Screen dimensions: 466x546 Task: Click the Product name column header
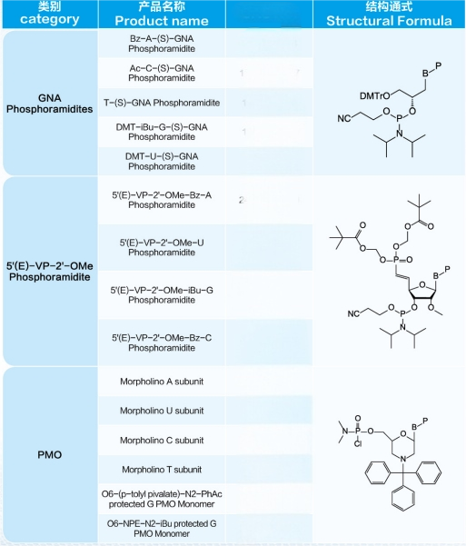pos(162,14)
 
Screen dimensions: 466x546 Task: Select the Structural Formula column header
pos(389,14)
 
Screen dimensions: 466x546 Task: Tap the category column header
pos(49,14)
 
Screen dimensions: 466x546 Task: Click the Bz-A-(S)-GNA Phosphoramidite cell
pos(162,44)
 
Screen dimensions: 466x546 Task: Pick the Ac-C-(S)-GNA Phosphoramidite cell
pos(162,73)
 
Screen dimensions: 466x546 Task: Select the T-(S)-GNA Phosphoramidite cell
pos(162,103)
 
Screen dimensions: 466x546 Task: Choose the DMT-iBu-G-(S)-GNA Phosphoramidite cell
pos(162,132)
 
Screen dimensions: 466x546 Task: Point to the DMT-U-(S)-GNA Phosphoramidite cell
pos(162,161)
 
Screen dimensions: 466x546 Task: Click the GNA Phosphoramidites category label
pos(49,104)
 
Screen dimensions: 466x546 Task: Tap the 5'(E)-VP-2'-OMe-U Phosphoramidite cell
pos(162,247)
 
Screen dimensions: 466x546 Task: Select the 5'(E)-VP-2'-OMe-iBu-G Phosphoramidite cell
pos(162,295)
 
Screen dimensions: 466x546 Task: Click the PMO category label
pos(49,455)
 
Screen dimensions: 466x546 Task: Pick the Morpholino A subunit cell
pos(162,382)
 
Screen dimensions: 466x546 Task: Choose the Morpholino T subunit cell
pos(162,470)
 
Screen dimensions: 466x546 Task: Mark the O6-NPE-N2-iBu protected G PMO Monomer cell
pos(162,528)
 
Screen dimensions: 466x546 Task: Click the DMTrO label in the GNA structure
pos(375,96)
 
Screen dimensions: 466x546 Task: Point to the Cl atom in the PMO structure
pos(358,444)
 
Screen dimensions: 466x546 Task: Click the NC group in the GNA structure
pos(343,118)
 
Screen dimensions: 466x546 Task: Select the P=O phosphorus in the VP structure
pos(396,260)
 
